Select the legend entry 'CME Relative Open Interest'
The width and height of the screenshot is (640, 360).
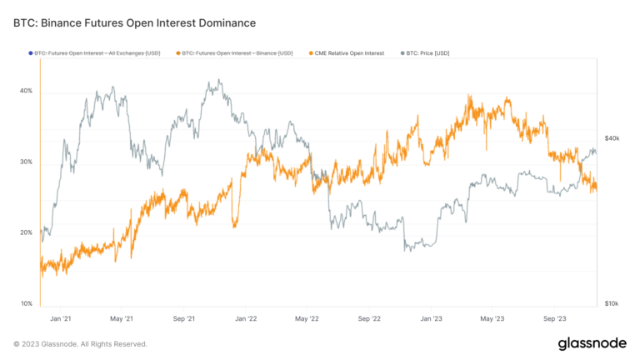pos(349,53)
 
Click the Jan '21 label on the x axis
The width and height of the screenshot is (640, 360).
pos(60,318)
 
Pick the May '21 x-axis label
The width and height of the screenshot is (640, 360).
pos(122,318)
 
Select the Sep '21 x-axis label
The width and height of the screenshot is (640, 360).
pos(183,318)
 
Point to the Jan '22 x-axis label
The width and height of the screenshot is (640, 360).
pos(245,318)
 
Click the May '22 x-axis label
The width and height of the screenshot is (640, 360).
pos(307,318)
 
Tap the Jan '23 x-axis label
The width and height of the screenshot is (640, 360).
pos(431,318)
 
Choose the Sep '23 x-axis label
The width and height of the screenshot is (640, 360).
pos(554,318)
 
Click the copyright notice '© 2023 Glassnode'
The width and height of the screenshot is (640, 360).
pos(80,343)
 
